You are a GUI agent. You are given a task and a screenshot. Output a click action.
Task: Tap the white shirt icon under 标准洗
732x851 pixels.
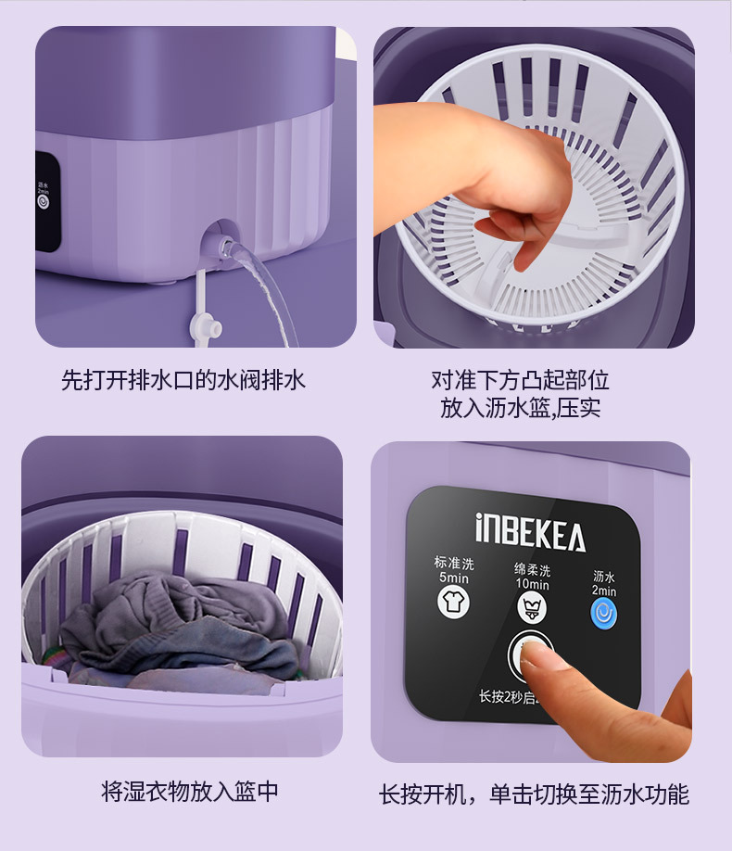point(453,603)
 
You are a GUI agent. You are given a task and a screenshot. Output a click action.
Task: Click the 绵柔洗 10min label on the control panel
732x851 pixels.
point(532,577)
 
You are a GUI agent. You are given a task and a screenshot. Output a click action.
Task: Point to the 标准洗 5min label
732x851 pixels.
point(453,570)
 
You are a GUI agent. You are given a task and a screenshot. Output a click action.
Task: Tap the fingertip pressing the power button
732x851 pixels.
point(535,656)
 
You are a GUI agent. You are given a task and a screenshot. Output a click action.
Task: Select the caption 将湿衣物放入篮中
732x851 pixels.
point(189,792)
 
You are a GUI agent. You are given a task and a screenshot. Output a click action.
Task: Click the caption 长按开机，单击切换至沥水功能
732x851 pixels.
point(534,794)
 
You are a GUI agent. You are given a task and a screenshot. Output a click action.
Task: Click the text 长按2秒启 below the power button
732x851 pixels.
point(504,697)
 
